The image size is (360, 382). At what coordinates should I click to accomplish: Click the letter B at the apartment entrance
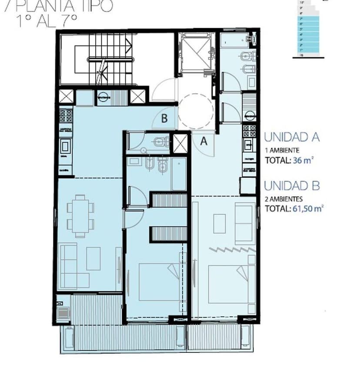click(x=164, y=118)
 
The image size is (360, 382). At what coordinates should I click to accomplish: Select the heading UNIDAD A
click(x=292, y=137)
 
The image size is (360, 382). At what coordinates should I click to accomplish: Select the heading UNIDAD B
click(x=292, y=186)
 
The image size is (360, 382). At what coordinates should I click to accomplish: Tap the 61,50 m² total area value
click(x=307, y=209)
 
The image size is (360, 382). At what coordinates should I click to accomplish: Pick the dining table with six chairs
click(x=80, y=216)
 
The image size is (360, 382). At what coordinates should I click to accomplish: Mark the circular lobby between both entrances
click(x=195, y=111)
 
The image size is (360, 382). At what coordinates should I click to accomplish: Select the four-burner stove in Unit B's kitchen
click(x=66, y=115)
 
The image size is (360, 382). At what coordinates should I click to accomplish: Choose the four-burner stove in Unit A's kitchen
click(x=249, y=130)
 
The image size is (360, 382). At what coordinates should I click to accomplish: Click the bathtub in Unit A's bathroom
click(x=235, y=41)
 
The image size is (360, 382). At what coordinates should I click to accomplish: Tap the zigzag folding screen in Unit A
click(x=231, y=249)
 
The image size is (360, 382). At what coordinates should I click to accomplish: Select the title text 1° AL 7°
click(x=47, y=20)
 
